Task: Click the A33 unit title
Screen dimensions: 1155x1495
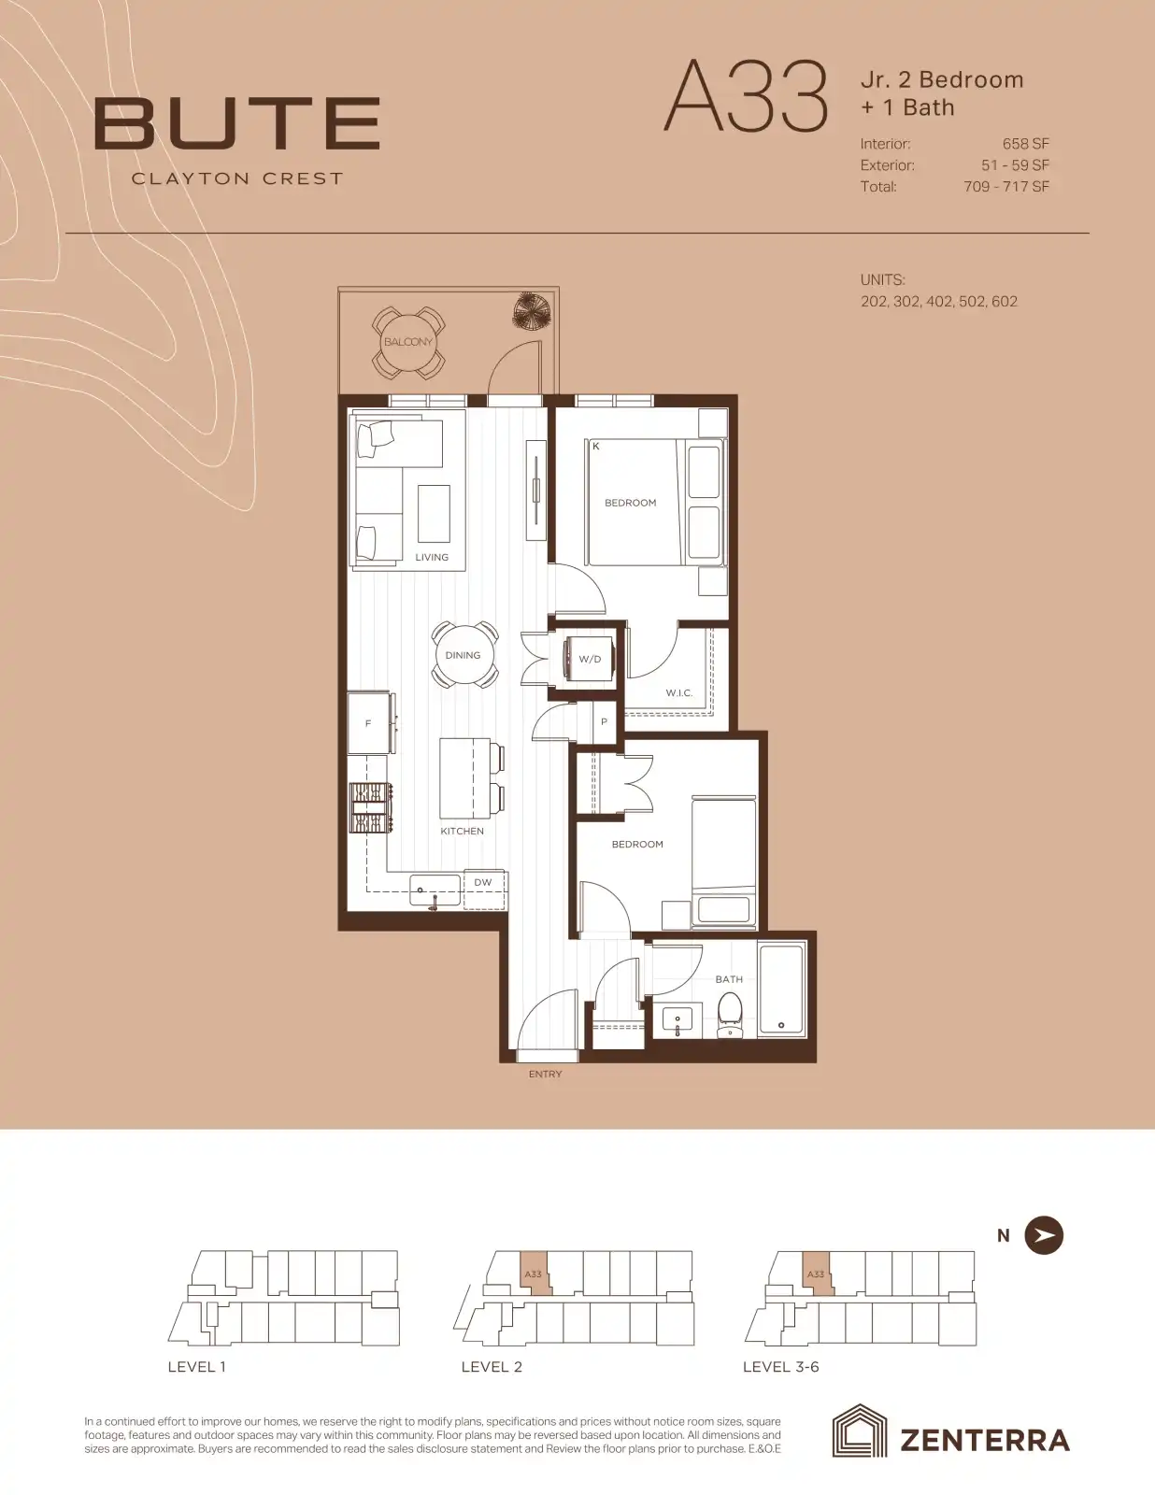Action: coord(746,96)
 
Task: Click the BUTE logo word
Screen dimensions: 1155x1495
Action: coord(237,124)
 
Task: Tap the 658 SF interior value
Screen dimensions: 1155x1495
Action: coord(1026,144)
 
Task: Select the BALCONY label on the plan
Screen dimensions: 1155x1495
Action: coord(408,342)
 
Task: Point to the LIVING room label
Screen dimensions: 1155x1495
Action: coord(432,557)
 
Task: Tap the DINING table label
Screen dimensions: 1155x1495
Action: coord(463,655)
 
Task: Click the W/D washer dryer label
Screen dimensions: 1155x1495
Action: coord(590,659)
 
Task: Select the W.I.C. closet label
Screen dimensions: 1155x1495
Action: coord(679,692)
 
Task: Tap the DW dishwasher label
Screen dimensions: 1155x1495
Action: coord(483,882)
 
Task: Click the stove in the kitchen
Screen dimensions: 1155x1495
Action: coord(372,808)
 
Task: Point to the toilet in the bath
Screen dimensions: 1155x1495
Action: coord(729,1016)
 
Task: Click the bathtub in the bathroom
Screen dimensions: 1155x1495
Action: coord(781,990)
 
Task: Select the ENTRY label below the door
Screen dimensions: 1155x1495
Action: coord(546,1074)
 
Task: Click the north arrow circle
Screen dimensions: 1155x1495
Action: coord(1044,1235)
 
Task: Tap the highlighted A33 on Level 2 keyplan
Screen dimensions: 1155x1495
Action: coord(534,1274)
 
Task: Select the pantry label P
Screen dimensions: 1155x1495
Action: coord(604,721)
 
